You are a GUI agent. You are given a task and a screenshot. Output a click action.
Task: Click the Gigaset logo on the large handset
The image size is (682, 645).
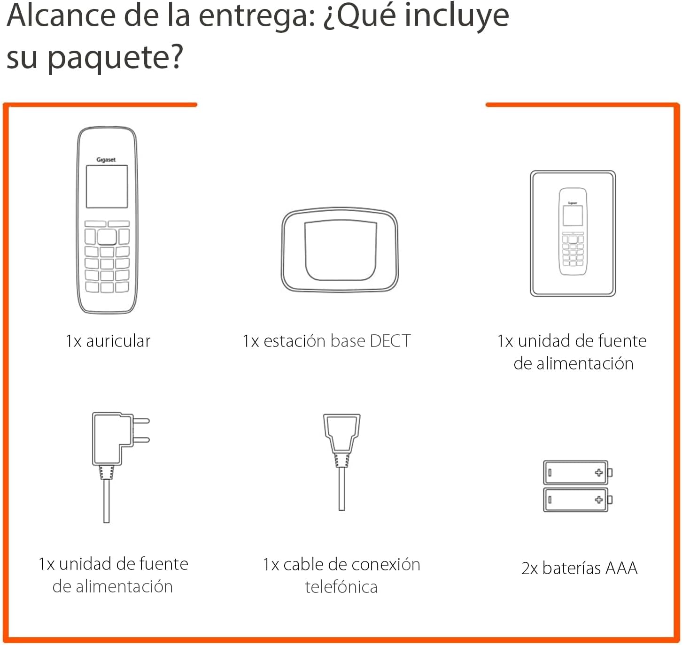tap(106, 160)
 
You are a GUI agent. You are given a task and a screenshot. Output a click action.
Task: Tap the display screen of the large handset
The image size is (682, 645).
tap(107, 186)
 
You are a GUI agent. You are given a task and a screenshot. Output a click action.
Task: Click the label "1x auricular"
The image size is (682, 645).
tap(108, 341)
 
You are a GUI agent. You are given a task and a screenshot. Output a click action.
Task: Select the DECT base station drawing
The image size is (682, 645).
tap(340, 250)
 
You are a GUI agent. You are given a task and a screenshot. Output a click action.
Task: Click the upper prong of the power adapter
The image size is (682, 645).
tap(141, 421)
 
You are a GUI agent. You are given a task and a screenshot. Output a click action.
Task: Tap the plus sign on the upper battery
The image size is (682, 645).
tap(598, 473)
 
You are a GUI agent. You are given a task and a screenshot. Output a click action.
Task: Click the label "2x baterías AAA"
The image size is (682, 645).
tap(579, 568)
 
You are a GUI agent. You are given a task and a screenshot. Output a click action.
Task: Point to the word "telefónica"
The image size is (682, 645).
tap(341, 587)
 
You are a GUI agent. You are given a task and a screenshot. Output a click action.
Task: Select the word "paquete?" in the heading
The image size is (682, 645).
tap(115, 57)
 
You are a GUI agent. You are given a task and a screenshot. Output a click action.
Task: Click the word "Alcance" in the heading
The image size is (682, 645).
tap(61, 15)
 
